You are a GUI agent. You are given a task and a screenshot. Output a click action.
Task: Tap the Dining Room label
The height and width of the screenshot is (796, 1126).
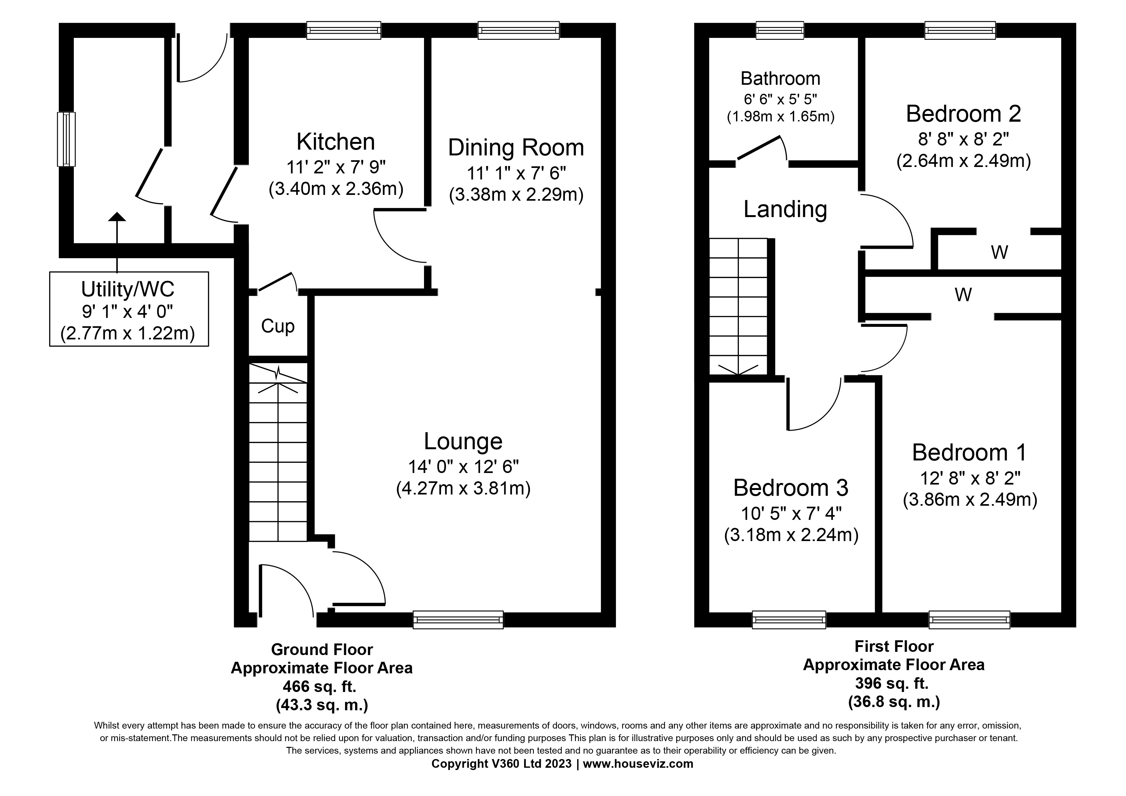[x=516, y=148]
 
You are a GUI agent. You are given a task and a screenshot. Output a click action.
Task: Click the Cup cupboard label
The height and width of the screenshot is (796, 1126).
[x=278, y=326]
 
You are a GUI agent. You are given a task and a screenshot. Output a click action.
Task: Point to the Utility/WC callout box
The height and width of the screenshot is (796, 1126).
[x=128, y=309]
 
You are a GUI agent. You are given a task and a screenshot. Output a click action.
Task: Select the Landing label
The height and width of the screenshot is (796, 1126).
[x=785, y=209]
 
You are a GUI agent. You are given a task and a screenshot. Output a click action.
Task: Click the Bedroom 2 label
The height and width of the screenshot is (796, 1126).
[x=963, y=114]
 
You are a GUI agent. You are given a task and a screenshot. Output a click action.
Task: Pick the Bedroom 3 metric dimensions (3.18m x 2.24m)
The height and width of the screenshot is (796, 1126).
[x=791, y=535]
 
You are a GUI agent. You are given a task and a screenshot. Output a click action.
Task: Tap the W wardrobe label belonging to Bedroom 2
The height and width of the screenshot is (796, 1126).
[x=999, y=253]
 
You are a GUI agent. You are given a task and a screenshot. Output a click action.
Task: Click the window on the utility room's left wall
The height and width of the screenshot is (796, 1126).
[x=66, y=139]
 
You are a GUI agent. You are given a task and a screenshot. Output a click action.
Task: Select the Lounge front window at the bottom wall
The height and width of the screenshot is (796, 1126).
[x=458, y=619]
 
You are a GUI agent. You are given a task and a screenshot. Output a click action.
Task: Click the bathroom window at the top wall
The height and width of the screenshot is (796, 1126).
[x=780, y=31]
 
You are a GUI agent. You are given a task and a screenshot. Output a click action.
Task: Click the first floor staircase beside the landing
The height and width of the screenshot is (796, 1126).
[x=738, y=307]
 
